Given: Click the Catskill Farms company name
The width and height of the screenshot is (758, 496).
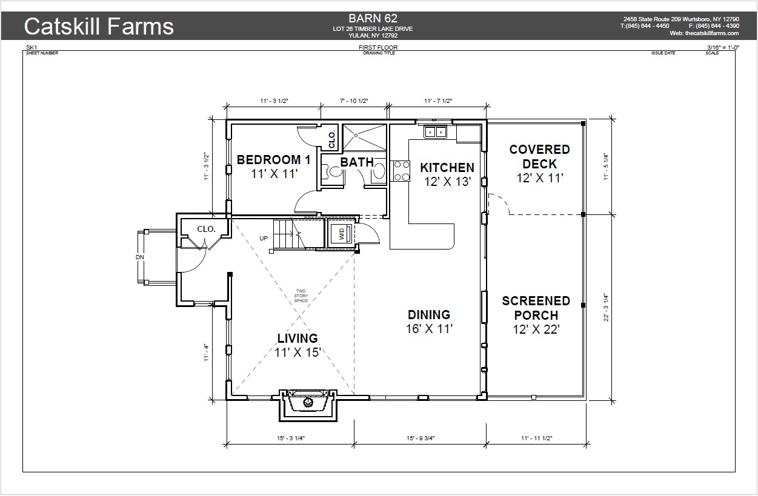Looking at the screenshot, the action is [x=99, y=27].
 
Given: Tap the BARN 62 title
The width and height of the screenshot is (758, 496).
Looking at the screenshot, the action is [x=373, y=18].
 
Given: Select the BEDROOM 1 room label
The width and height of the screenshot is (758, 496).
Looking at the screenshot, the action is [x=273, y=160].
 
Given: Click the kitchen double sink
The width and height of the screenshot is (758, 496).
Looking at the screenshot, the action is [x=435, y=131].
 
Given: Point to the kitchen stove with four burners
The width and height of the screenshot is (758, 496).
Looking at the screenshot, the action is [x=401, y=171].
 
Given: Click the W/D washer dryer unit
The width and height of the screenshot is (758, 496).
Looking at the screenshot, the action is [x=342, y=234].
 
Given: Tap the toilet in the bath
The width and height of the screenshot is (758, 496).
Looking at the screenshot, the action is [x=333, y=171].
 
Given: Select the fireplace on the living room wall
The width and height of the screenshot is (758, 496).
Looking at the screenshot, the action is [x=308, y=405].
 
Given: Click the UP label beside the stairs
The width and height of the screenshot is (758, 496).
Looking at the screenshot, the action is [x=264, y=238].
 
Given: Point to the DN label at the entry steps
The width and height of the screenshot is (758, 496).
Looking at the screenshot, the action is [x=140, y=257].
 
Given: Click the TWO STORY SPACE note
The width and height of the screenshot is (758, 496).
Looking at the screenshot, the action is [x=301, y=296].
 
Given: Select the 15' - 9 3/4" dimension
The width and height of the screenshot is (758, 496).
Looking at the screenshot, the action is [x=421, y=438].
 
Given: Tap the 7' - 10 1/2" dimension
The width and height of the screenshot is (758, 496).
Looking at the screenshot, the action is [x=354, y=101].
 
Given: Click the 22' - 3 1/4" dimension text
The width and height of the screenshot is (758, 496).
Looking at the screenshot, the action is [x=606, y=307].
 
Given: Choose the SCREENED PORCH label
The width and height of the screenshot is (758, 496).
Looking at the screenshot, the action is [x=536, y=308].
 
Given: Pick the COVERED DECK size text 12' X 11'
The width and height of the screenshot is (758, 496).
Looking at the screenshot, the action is [x=540, y=178].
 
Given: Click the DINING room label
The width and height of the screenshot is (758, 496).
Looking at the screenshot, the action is [x=429, y=315].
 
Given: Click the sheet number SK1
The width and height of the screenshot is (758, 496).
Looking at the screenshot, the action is [x=32, y=48].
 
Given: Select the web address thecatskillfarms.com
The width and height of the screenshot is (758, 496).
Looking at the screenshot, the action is [x=712, y=33].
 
